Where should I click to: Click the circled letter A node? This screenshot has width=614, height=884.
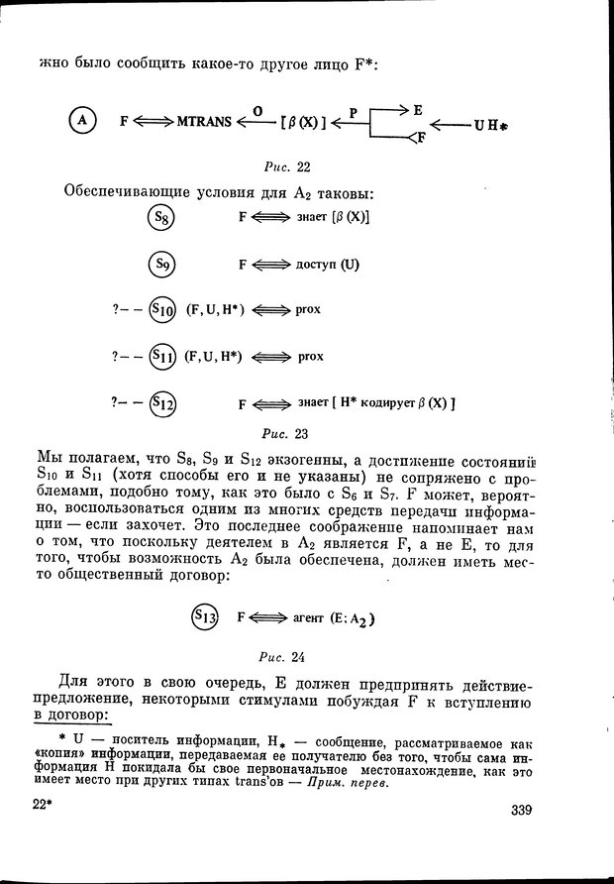[x=82, y=122]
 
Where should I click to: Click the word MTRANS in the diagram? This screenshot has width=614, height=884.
[x=204, y=123]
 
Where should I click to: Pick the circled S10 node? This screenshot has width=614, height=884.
[x=162, y=310]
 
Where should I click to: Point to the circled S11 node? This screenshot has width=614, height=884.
[x=162, y=356]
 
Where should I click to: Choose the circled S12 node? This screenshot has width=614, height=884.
[x=162, y=402]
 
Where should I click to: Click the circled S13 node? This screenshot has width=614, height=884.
[x=205, y=616]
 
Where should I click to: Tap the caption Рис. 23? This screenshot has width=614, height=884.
[x=287, y=432]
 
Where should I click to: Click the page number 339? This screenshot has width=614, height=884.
[x=516, y=811]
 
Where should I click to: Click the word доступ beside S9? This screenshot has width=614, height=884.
[x=317, y=265]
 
